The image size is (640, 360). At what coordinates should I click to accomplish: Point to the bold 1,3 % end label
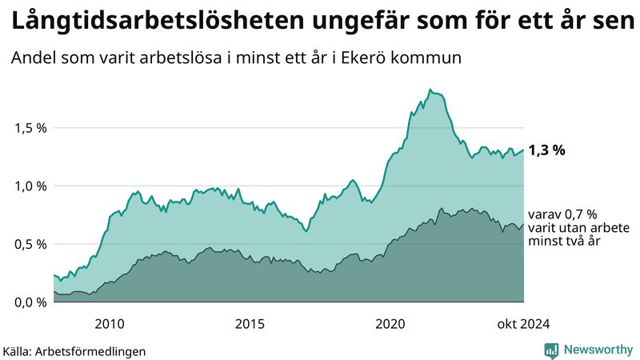[547, 150]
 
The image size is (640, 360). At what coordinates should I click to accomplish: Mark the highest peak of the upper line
[430, 90]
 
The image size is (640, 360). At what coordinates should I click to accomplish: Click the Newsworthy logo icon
[551, 350]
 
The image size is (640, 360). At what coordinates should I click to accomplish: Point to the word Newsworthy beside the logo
[597, 350]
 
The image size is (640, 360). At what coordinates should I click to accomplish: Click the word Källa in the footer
[18, 350]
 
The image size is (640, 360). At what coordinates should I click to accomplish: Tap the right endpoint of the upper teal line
[524, 150]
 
